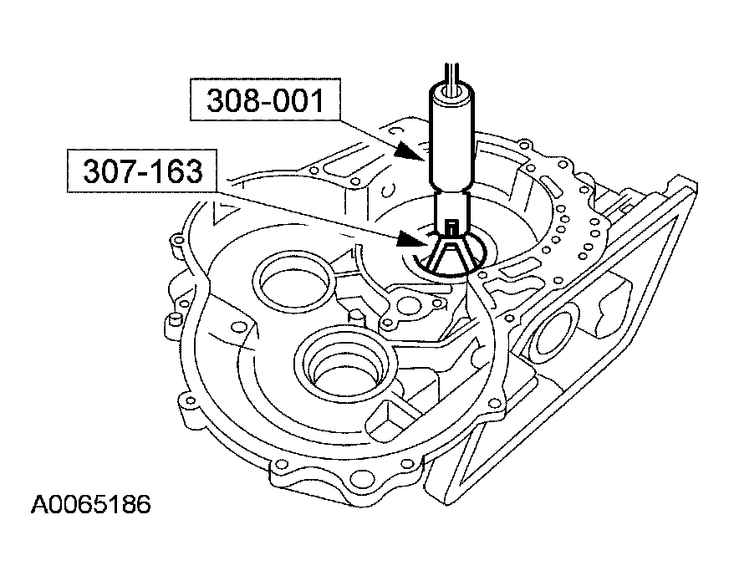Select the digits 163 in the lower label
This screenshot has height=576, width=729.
[x=176, y=172]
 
